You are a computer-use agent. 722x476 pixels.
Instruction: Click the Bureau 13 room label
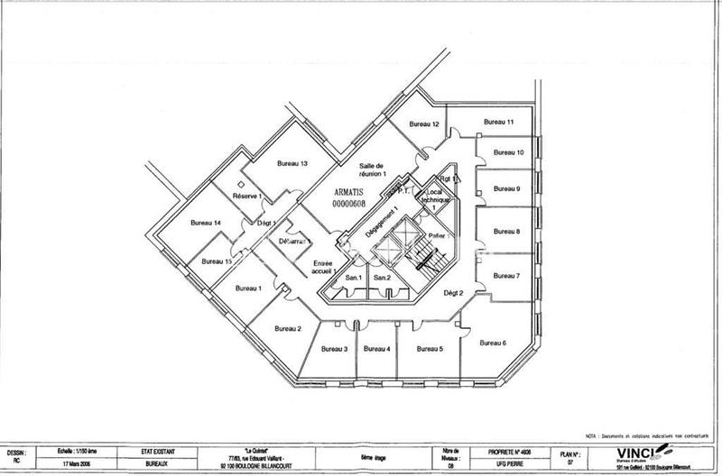pos(292,163)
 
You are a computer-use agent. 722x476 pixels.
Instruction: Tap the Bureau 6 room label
pos(492,343)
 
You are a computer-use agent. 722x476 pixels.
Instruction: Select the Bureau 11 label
pos(498,122)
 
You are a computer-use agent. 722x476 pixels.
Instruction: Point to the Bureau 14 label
pos(206,223)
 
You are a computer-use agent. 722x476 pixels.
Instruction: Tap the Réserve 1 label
pos(246,196)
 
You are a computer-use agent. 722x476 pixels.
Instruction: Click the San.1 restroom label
pos(354,278)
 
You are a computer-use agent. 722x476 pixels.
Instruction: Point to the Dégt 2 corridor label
pos(452,293)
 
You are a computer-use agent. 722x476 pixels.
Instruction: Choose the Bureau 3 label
pos(334,348)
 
